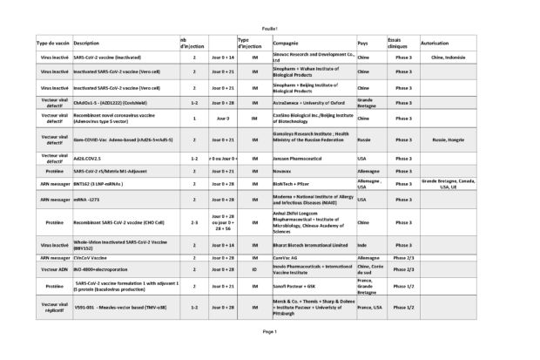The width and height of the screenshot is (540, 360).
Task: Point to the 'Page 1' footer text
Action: [x=270, y=332]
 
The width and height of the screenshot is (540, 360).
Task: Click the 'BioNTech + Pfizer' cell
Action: [x=294, y=185]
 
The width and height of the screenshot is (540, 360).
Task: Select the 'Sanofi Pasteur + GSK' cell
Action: [x=295, y=285]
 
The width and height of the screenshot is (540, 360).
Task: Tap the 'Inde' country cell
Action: [x=362, y=247]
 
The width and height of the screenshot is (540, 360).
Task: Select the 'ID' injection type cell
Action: [x=255, y=270]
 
